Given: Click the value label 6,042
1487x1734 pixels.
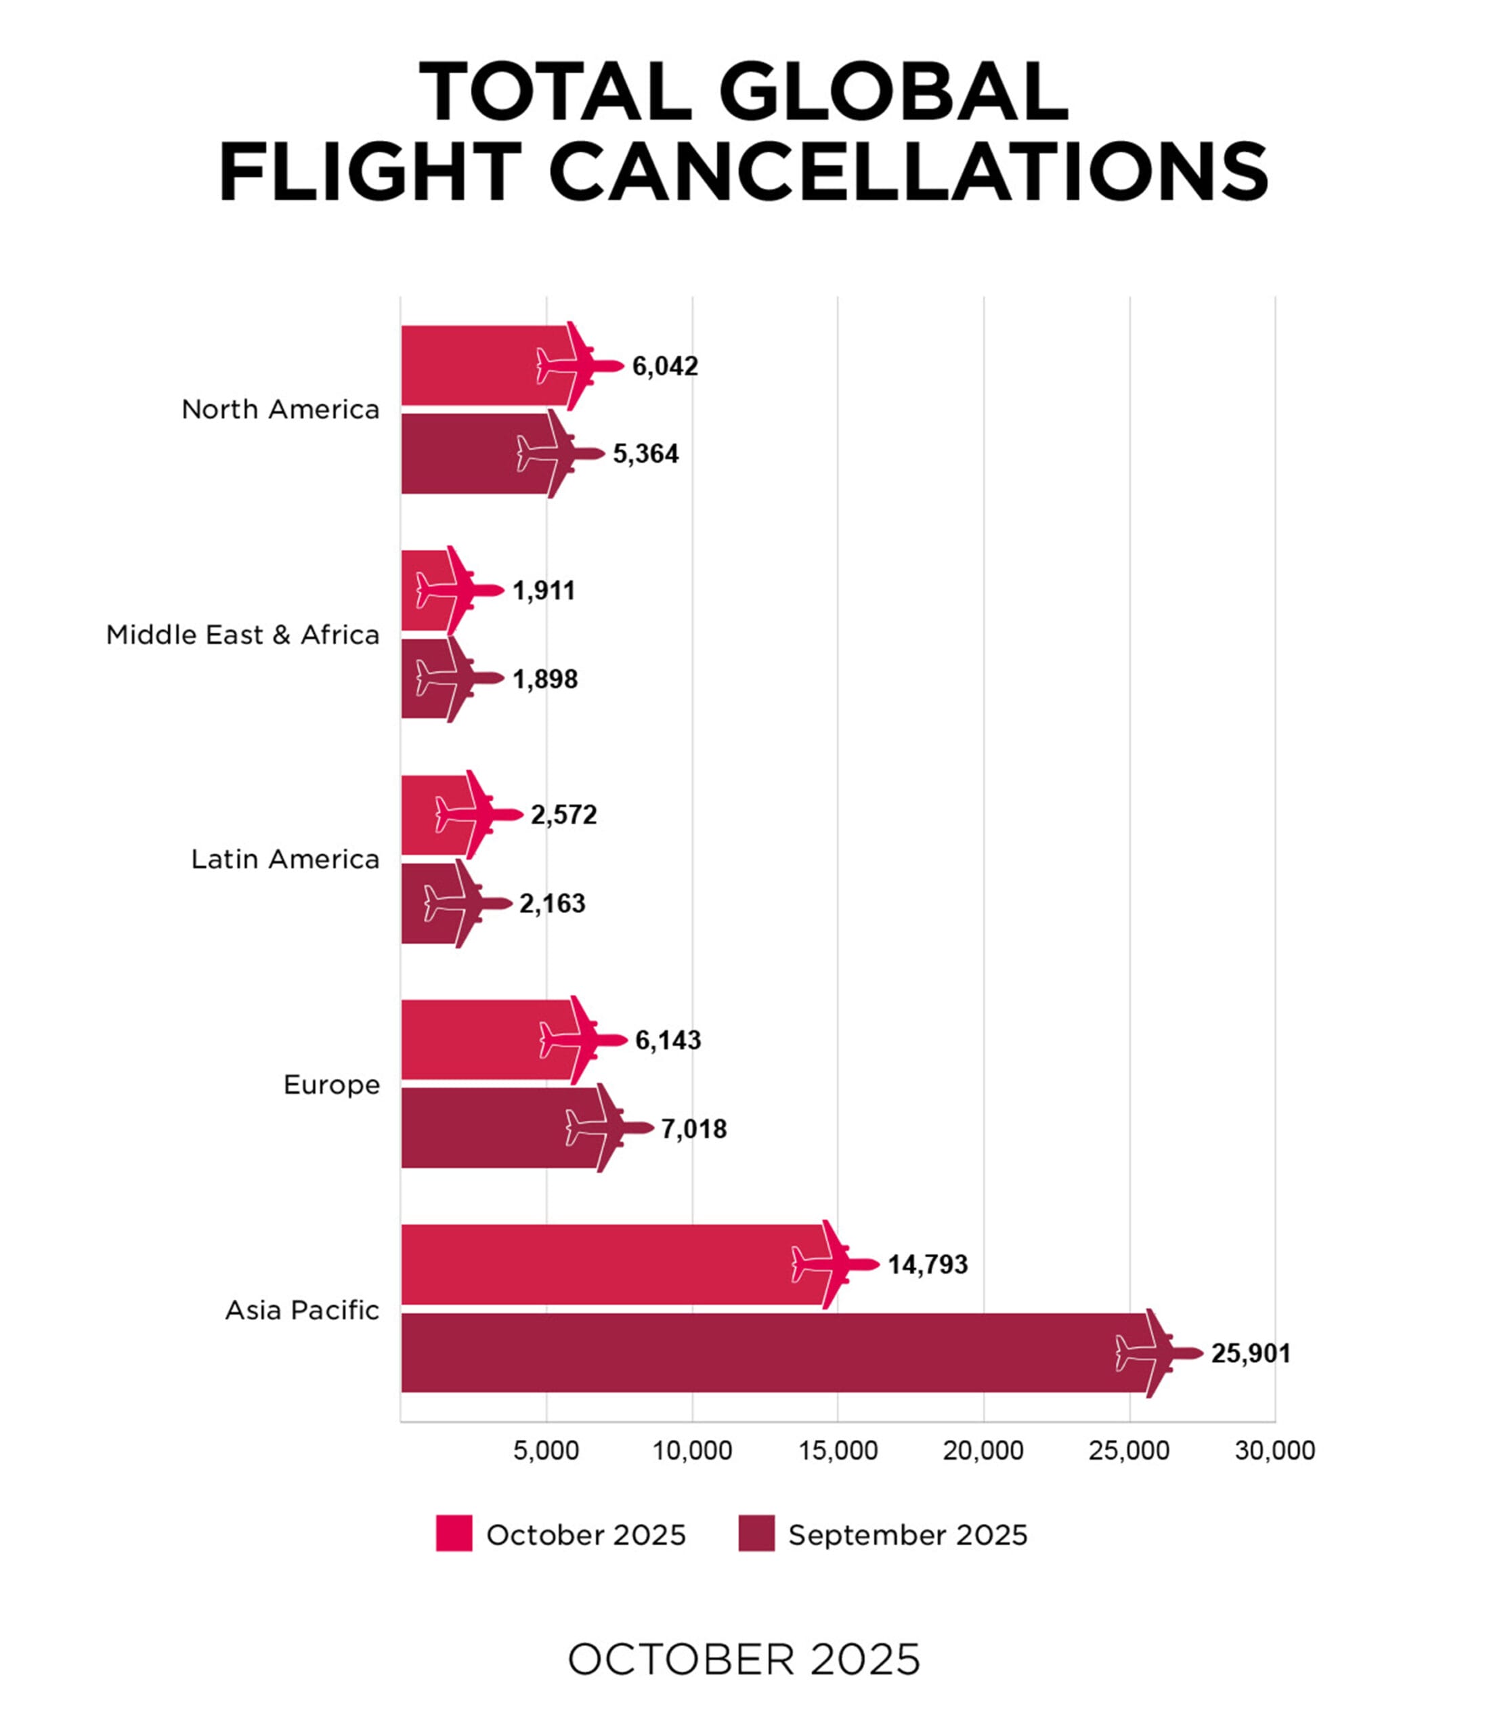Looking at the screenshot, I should tap(664, 366).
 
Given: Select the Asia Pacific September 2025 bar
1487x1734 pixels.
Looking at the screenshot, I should tap(770, 1353).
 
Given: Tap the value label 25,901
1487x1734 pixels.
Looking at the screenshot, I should tap(1250, 1353).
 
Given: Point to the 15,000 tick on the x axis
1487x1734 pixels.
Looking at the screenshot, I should tap(838, 1450).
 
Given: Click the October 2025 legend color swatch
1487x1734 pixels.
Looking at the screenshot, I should tap(454, 1534).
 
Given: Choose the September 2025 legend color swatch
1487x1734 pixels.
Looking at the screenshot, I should tap(756, 1534).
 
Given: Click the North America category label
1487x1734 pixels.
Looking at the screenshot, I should tap(280, 410).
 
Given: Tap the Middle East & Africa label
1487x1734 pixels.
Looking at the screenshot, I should tap(242, 635).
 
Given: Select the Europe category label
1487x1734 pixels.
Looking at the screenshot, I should tap(331, 1085).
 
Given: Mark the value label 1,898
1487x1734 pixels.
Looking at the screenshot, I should tap(544, 679).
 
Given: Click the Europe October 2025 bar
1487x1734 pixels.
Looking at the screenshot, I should tap(486, 1040).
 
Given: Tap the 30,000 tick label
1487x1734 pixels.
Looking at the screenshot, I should tap(1274, 1450).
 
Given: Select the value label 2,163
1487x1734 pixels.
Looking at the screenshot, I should tap(553, 904).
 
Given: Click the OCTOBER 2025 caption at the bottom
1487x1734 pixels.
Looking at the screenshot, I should tap(744, 1659).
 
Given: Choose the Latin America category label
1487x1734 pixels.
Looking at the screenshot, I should tap(285, 860).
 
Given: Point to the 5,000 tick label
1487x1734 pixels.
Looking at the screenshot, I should tap(546, 1450).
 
